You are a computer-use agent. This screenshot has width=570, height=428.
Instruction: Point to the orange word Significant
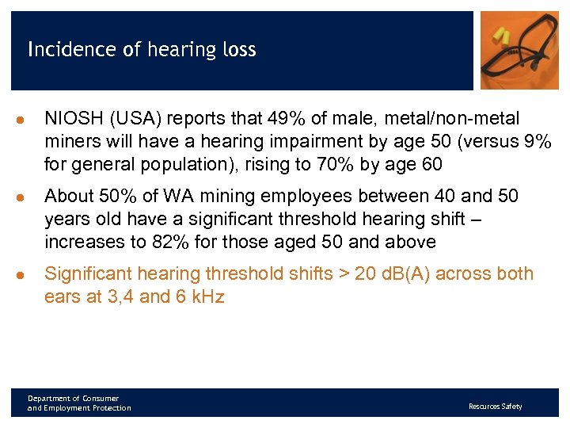click(x=88, y=274)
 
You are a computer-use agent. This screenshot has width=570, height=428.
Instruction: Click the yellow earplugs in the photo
click(x=503, y=35)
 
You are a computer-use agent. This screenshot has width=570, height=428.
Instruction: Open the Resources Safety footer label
click(x=495, y=407)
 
